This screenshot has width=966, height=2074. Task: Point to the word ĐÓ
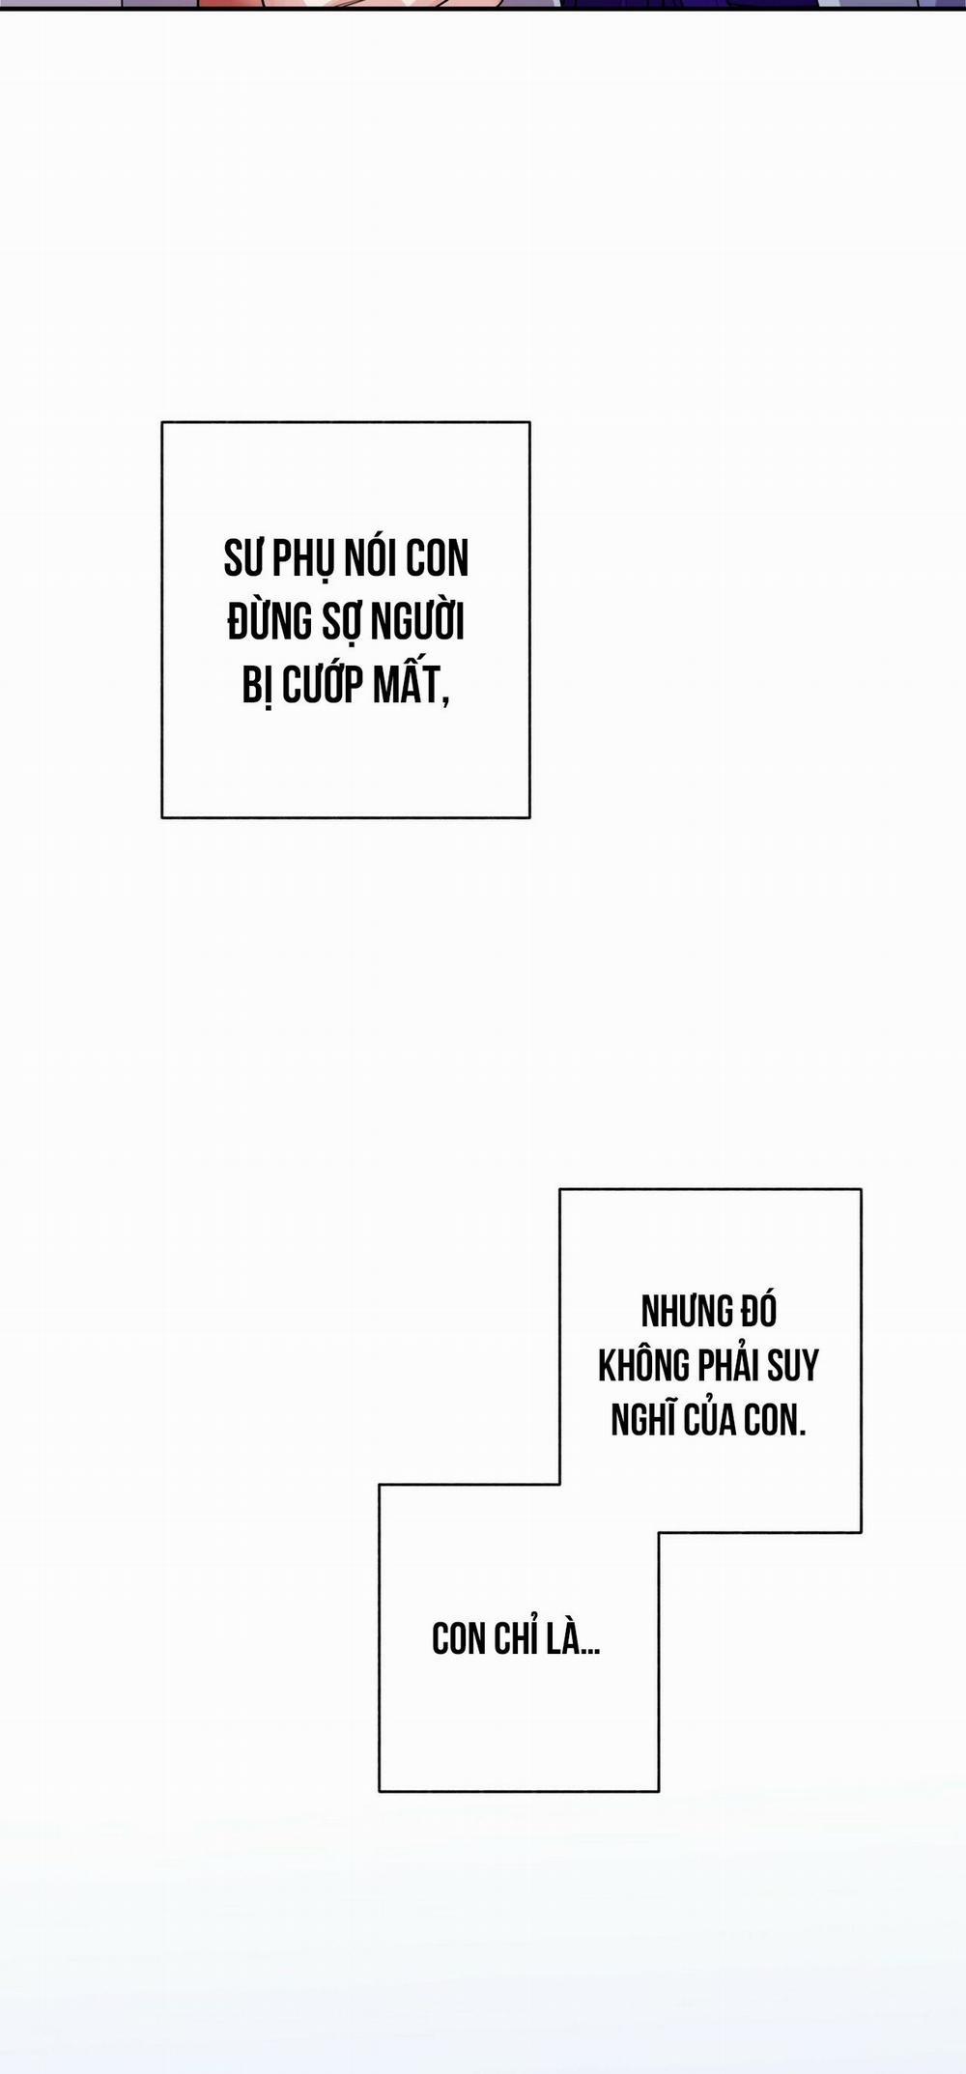759,1311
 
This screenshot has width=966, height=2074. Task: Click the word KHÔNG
643,1366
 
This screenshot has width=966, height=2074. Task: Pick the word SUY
794,1366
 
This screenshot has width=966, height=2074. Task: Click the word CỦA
711,1420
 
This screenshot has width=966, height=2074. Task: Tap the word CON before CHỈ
458,1639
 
